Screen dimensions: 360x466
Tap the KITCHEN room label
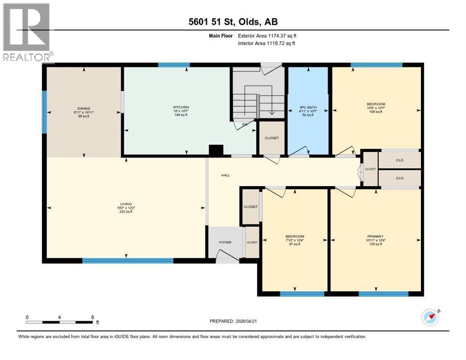[180, 107]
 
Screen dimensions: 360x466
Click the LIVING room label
[125, 204]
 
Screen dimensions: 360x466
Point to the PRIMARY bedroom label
[376, 236]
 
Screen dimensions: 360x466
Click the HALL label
[226, 175]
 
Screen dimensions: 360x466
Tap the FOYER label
[225, 242]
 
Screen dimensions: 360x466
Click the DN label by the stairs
[245, 125]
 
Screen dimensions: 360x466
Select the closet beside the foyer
[252, 242]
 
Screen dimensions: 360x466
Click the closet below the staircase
[271, 138]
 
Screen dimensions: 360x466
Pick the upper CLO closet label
[399, 160]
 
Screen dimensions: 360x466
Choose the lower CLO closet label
[399, 178]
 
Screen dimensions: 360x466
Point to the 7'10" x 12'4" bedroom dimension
[295, 240]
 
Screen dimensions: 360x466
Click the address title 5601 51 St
[233, 22]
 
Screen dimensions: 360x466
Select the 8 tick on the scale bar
[92, 317]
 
